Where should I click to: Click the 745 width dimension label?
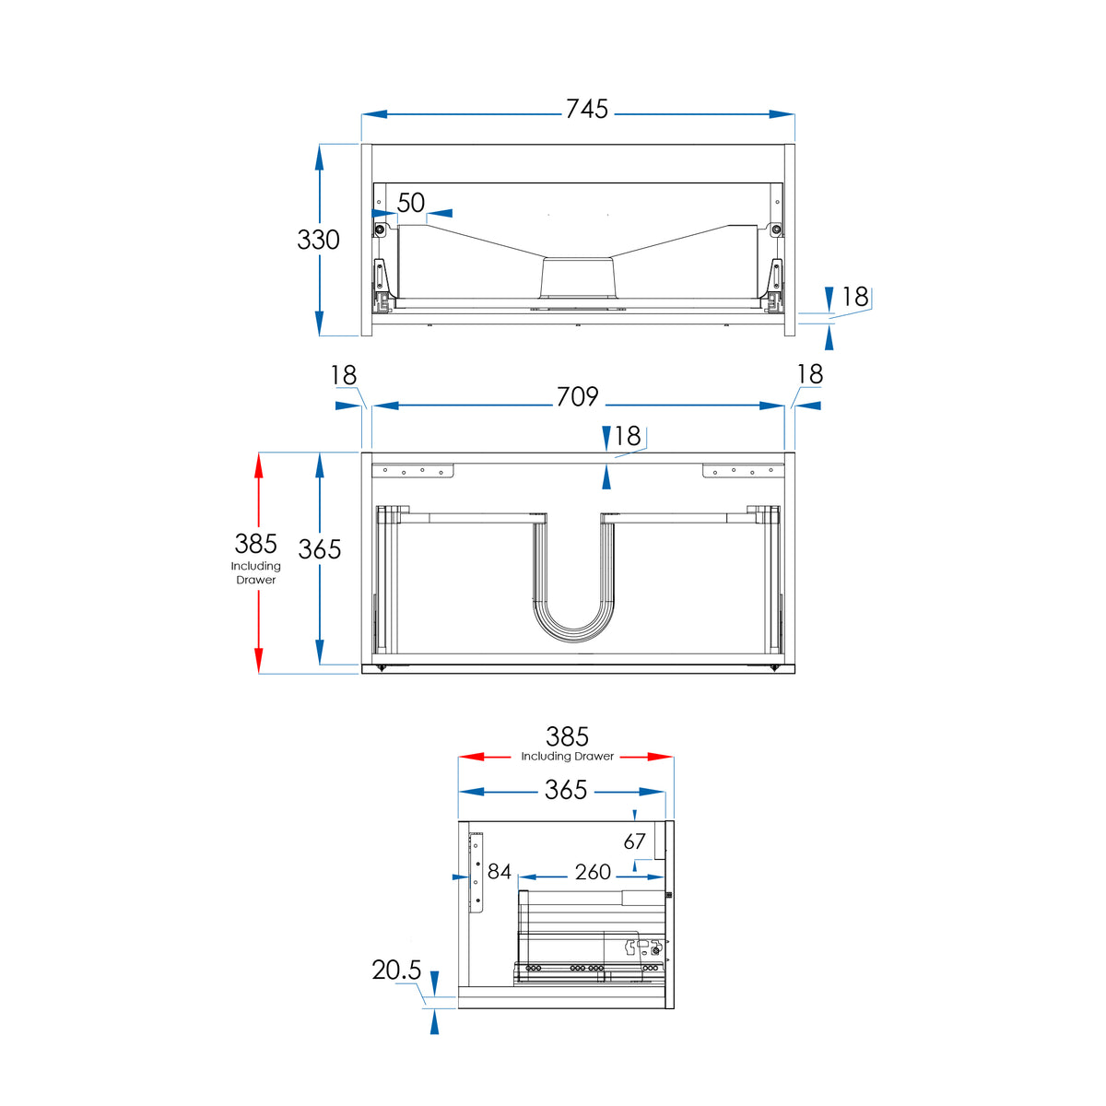(x=586, y=109)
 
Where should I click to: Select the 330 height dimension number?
(x=318, y=240)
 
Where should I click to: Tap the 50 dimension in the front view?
(x=411, y=203)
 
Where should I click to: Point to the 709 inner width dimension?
(x=577, y=396)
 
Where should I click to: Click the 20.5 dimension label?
(x=396, y=970)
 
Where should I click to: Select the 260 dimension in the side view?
(x=593, y=872)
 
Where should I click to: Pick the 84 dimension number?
(x=499, y=871)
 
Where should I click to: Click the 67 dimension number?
(x=634, y=841)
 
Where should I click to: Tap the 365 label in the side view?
(x=565, y=790)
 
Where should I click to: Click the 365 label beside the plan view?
(x=319, y=549)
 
